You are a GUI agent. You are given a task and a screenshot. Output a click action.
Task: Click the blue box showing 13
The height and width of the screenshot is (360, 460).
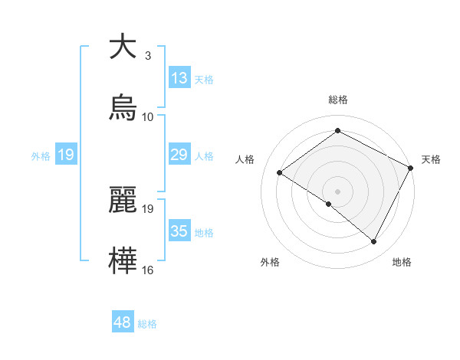[x=179, y=78]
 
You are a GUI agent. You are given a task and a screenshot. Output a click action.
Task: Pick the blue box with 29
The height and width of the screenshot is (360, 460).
[x=179, y=155]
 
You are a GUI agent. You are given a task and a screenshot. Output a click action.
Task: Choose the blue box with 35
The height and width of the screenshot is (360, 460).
[x=179, y=231]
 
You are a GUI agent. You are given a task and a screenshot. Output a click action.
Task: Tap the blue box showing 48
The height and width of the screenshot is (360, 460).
[x=123, y=323]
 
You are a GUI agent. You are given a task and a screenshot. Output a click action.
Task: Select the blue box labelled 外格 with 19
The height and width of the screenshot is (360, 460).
[x=65, y=155]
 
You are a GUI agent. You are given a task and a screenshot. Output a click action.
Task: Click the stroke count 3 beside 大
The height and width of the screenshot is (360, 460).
[x=148, y=56]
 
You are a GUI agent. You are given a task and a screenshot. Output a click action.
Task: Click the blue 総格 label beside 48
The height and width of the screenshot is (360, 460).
[x=147, y=324]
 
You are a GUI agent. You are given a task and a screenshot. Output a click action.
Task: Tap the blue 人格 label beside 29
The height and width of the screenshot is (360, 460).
[x=204, y=155]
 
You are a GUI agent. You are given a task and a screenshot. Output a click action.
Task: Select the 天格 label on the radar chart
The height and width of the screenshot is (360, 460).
[x=432, y=159]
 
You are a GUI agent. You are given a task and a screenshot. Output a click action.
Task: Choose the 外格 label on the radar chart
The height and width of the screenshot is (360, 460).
[x=270, y=262]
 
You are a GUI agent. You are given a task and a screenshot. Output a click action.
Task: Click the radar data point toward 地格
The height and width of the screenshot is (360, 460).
[x=374, y=242]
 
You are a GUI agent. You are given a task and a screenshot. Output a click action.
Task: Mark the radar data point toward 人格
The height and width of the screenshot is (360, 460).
[x=280, y=173]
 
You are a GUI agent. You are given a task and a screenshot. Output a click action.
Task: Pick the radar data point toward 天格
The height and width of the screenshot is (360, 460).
[x=410, y=168]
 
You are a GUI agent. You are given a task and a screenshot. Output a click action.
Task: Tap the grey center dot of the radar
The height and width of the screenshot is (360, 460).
[x=337, y=191]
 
